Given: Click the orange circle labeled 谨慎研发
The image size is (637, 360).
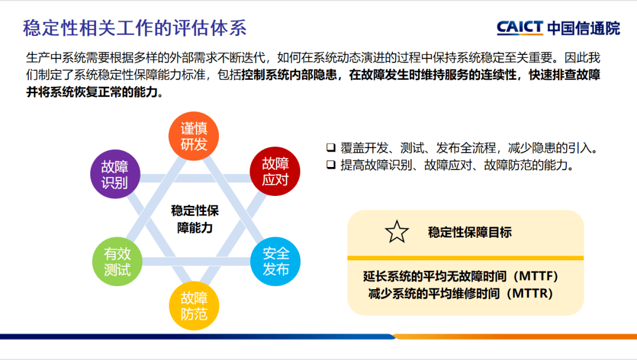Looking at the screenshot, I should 194,136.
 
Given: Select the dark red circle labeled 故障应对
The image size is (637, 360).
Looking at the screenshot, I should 275,171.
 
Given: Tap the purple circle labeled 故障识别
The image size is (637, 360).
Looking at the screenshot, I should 114,174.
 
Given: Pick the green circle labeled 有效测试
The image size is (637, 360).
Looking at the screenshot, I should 117,261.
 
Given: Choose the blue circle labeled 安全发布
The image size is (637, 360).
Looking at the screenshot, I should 275,261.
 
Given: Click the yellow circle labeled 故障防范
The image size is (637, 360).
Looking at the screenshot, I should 194,305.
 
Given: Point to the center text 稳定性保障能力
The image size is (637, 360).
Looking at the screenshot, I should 195,219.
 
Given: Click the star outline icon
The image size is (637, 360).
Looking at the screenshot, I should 396,232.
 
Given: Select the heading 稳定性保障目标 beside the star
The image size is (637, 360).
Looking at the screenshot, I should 469,232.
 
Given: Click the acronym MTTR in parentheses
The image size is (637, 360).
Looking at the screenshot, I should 530,293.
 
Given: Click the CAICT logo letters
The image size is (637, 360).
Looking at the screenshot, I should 520,28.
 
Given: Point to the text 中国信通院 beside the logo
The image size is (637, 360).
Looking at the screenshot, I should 583,28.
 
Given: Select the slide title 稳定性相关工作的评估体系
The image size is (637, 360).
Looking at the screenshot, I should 134,28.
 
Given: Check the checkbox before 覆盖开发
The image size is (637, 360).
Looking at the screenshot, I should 330,147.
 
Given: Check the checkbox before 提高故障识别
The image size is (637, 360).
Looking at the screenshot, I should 330,165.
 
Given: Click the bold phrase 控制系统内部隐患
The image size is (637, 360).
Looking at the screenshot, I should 293,76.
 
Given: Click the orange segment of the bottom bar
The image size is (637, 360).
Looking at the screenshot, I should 513,336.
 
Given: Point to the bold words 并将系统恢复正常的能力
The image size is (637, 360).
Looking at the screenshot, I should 94,93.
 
